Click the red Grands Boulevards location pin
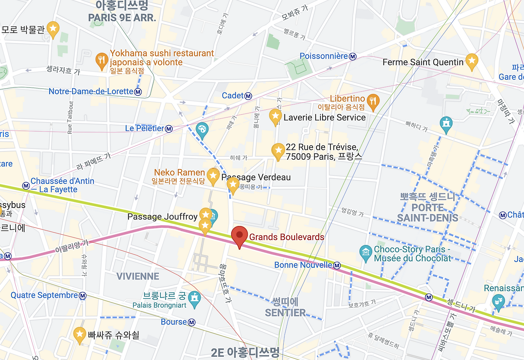point(239,236)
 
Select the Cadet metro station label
point(233,95)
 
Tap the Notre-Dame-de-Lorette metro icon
point(138,92)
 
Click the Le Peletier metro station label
point(144,129)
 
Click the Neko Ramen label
point(179,172)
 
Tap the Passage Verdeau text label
point(256,177)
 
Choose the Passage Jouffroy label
point(162,217)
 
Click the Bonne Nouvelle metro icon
point(337,265)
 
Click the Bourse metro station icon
point(192,322)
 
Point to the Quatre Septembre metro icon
point(83,296)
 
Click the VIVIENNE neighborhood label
point(138,276)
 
